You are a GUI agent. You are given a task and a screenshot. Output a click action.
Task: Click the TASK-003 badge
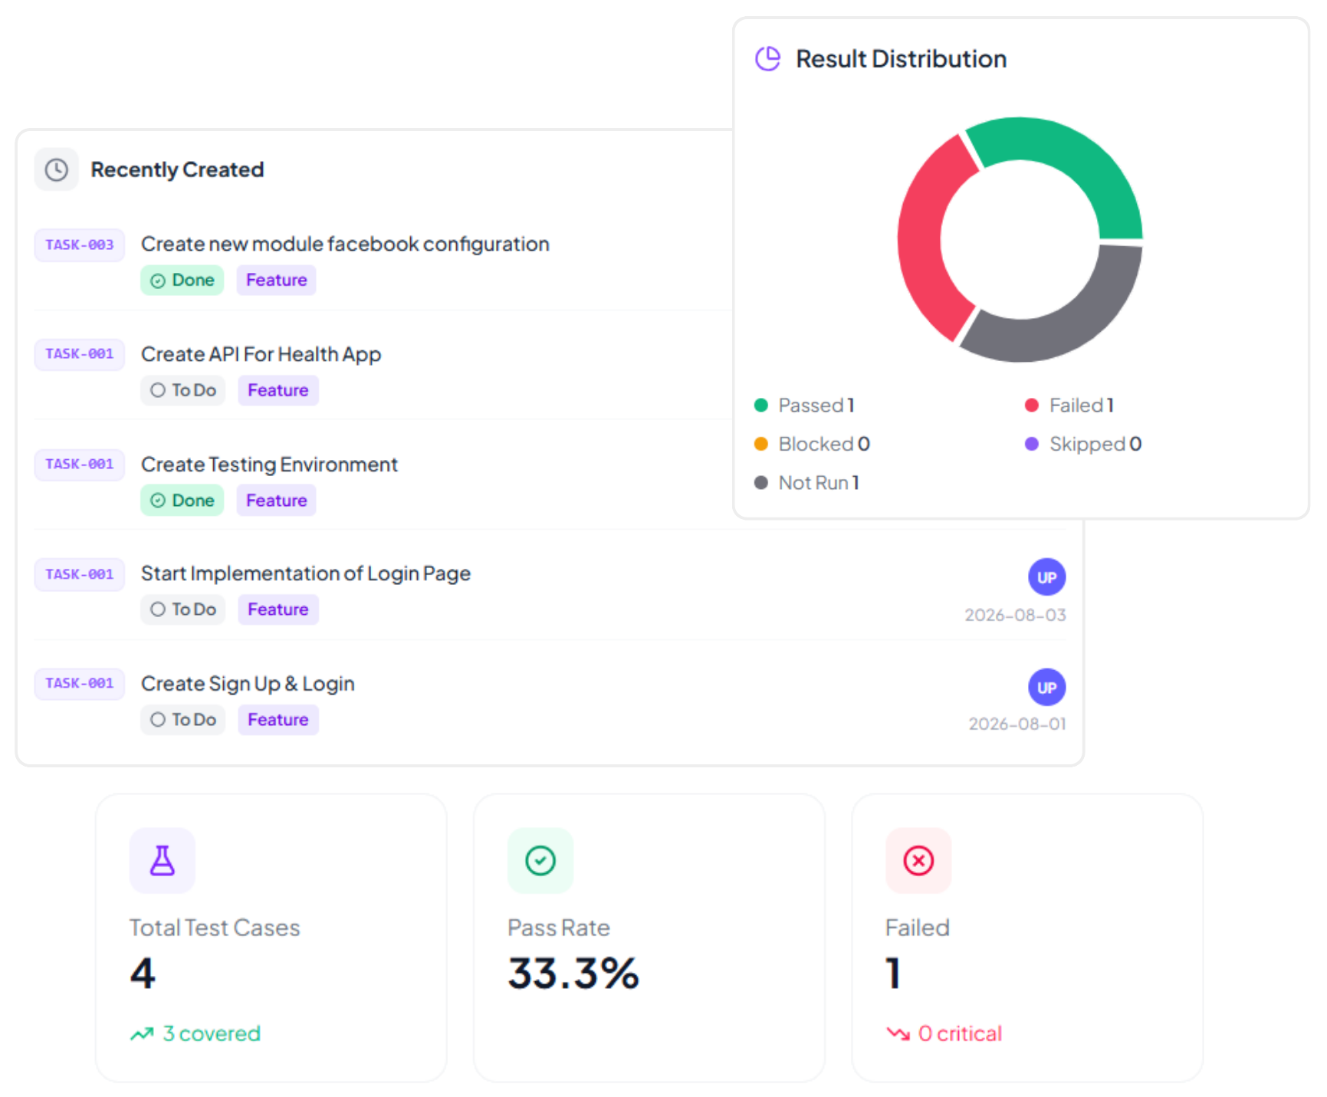click(80, 245)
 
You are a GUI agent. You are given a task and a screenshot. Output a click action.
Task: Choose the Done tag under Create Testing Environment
click(182, 501)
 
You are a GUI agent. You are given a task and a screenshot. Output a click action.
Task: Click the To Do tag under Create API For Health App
click(183, 390)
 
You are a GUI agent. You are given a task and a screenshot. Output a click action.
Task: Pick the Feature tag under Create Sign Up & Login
click(278, 720)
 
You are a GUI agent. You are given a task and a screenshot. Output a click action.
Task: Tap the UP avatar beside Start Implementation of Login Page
click(1046, 577)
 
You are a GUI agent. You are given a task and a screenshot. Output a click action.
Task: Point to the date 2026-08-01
click(1017, 724)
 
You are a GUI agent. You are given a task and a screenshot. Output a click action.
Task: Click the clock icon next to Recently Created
click(57, 169)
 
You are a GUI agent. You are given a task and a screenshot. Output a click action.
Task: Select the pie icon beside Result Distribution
click(767, 58)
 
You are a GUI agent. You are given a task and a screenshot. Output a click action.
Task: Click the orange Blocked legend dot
click(761, 444)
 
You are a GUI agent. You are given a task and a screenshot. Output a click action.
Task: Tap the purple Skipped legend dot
click(1032, 444)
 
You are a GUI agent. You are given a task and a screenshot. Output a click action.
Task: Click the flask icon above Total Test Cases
click(163, 861)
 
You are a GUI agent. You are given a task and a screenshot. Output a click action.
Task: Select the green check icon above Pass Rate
click(540, 861)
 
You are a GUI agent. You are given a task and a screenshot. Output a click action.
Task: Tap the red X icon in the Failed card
click(918, 861)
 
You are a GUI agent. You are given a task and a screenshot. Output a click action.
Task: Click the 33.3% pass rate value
click(573, 974)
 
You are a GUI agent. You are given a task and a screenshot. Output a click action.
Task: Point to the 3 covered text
click(212, 1033)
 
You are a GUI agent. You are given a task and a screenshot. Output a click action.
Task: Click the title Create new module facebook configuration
click(345, 245)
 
